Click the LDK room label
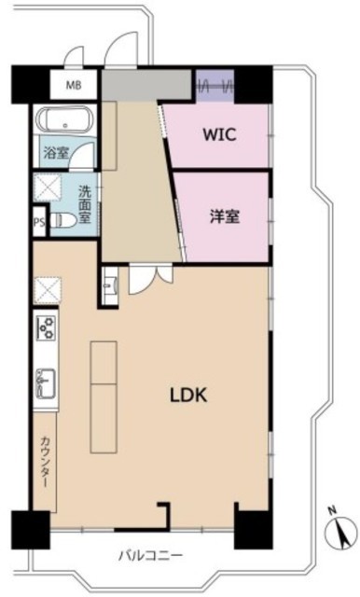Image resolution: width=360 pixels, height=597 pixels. click(188, 396)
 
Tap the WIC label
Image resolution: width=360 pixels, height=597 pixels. click(219, 134)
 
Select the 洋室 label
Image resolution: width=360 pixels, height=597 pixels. click(225, 216)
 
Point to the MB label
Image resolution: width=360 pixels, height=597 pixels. click(74, 85)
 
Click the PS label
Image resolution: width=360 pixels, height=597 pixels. click(39, 222)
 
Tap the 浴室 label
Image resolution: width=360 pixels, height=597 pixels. click(56, 153)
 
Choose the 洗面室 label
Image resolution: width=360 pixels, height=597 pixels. click(85, 203)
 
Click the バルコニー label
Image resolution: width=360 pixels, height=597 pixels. click(150, 556)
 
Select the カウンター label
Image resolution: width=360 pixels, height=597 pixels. click(45, 462)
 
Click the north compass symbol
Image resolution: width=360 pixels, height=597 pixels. click(340, 533)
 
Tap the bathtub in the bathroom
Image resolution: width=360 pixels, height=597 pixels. click(64, 119)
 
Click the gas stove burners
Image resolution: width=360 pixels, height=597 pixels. click(46, 327)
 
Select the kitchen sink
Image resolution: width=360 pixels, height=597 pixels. click(46, 383)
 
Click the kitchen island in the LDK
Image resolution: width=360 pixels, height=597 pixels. click(104, 397)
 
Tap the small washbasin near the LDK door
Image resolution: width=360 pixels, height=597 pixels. click(110, 285)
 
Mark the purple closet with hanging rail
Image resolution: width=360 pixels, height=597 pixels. click(215, 86)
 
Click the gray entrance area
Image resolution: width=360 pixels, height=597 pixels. click(146, 84)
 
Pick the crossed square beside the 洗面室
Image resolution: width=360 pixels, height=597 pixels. click(47, 187)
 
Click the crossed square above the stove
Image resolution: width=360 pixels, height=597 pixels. click(48, 290)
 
